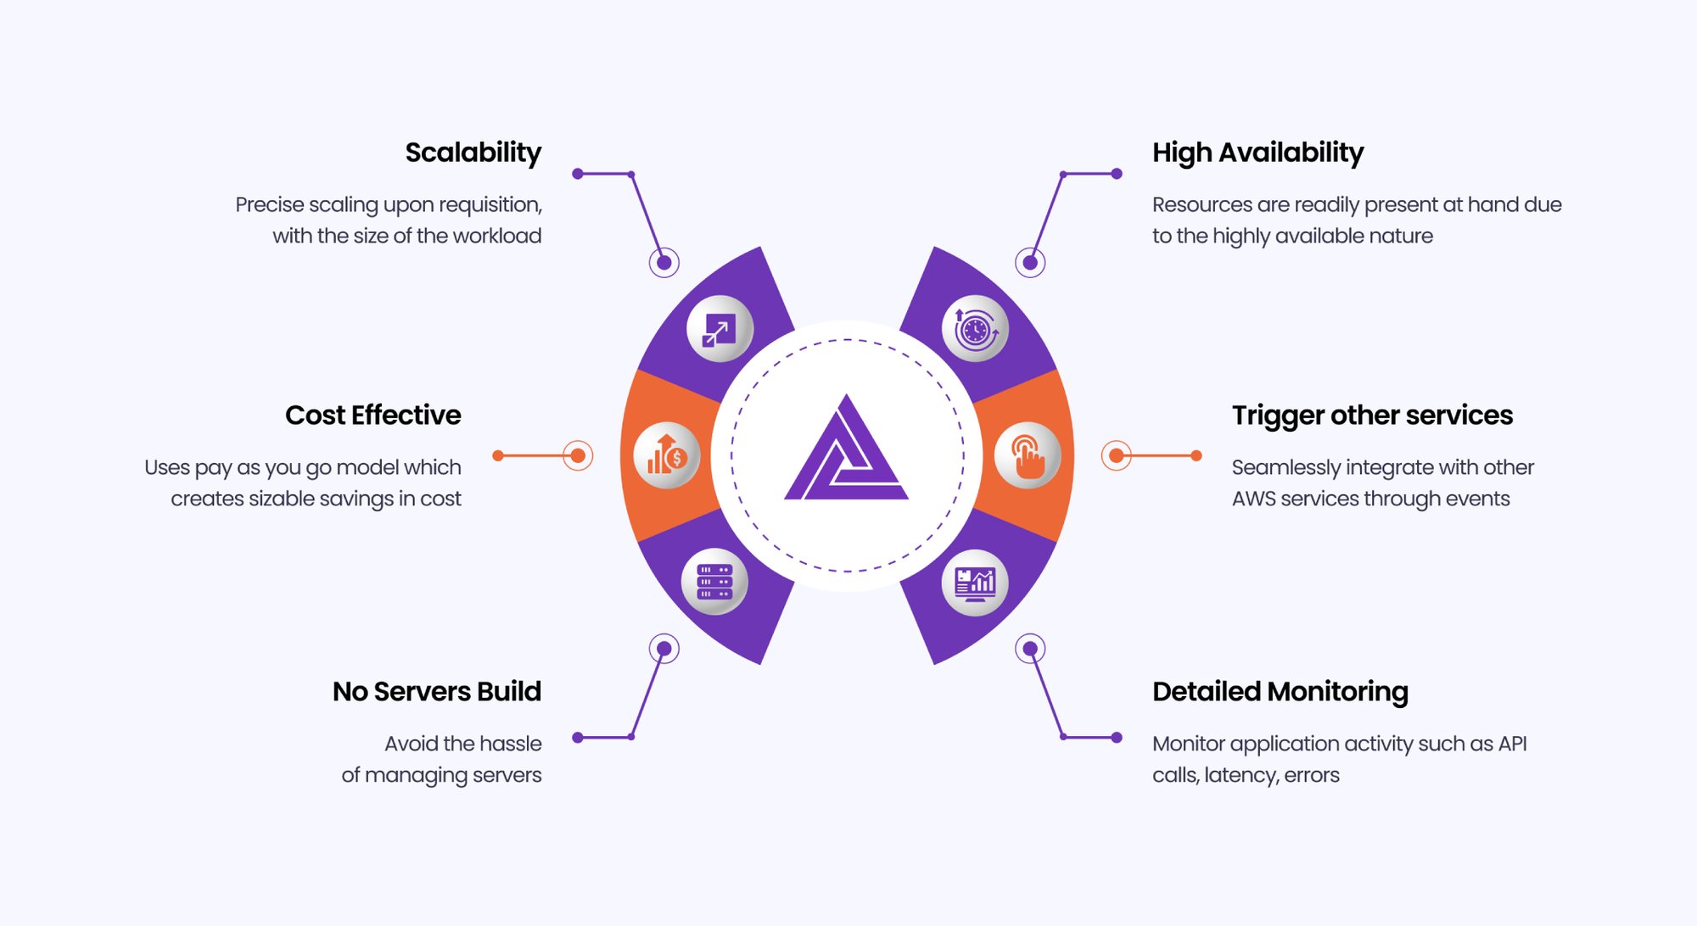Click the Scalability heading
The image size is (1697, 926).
pos(473,153)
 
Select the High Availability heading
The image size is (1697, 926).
pos(1257,153)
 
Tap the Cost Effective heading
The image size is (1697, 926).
pos(372,416)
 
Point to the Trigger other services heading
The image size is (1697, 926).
pos(1372,416)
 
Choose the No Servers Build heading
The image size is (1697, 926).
pos(436,692)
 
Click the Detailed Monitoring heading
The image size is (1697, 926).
pos(1280,692)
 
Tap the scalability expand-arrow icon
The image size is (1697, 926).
pos(720,329)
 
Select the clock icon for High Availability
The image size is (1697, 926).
pos(975,329)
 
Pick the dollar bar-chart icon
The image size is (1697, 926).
pos(667,455)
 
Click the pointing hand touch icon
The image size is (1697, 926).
pos(1028,455)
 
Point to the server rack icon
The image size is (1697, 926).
pos(714,582)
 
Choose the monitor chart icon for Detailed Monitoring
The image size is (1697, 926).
pos(975,583)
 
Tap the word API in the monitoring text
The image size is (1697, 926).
pos(1512,744)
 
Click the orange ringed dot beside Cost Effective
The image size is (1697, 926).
pos(578,455)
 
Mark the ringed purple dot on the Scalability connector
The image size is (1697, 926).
pos(664,263)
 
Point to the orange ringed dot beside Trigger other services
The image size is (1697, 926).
pos(1117,455)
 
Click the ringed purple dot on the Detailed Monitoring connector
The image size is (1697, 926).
pos(1030,649)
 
